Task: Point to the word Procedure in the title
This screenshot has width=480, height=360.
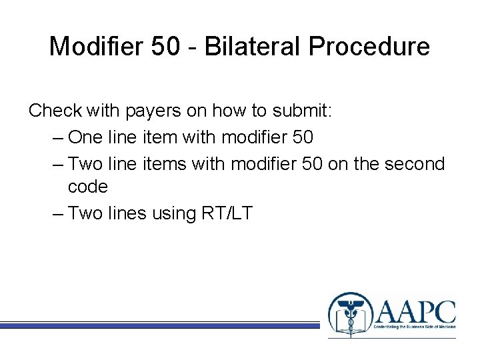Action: [377, 46]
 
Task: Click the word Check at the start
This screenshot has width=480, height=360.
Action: [55, 111]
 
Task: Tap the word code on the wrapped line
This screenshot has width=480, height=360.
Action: [87, 187]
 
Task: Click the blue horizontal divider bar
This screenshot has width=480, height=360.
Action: [160, 325]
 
